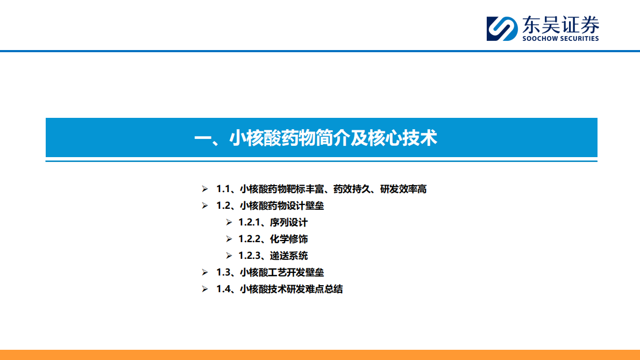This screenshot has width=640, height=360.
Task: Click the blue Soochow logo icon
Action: click(x=501, y=28)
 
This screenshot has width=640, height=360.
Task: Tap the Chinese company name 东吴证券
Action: click(x=559, y=25)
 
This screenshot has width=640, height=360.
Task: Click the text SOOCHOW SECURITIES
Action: click(x=560, y=39)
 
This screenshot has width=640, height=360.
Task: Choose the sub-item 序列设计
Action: click(x=289, y=222)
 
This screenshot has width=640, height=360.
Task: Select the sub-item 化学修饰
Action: click(x=289, y=239)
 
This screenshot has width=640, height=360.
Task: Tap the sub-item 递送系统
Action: click(x=289, y=256)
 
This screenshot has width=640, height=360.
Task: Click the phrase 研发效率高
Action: click(x=403, y=189)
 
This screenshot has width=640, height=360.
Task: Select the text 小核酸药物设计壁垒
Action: click(x=282, y=206)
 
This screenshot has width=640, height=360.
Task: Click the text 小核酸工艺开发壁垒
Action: click(x=282, y=272)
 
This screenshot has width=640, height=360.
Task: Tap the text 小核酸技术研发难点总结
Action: click(x=291, y=289)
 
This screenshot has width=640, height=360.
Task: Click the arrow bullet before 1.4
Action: click(x=204, y=289)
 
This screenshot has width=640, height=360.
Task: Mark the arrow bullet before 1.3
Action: click(x=204, y=272)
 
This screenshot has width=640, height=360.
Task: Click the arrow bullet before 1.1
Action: click(x=204, y=189)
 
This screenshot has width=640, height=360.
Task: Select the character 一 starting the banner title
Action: click(x=203, y=139)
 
